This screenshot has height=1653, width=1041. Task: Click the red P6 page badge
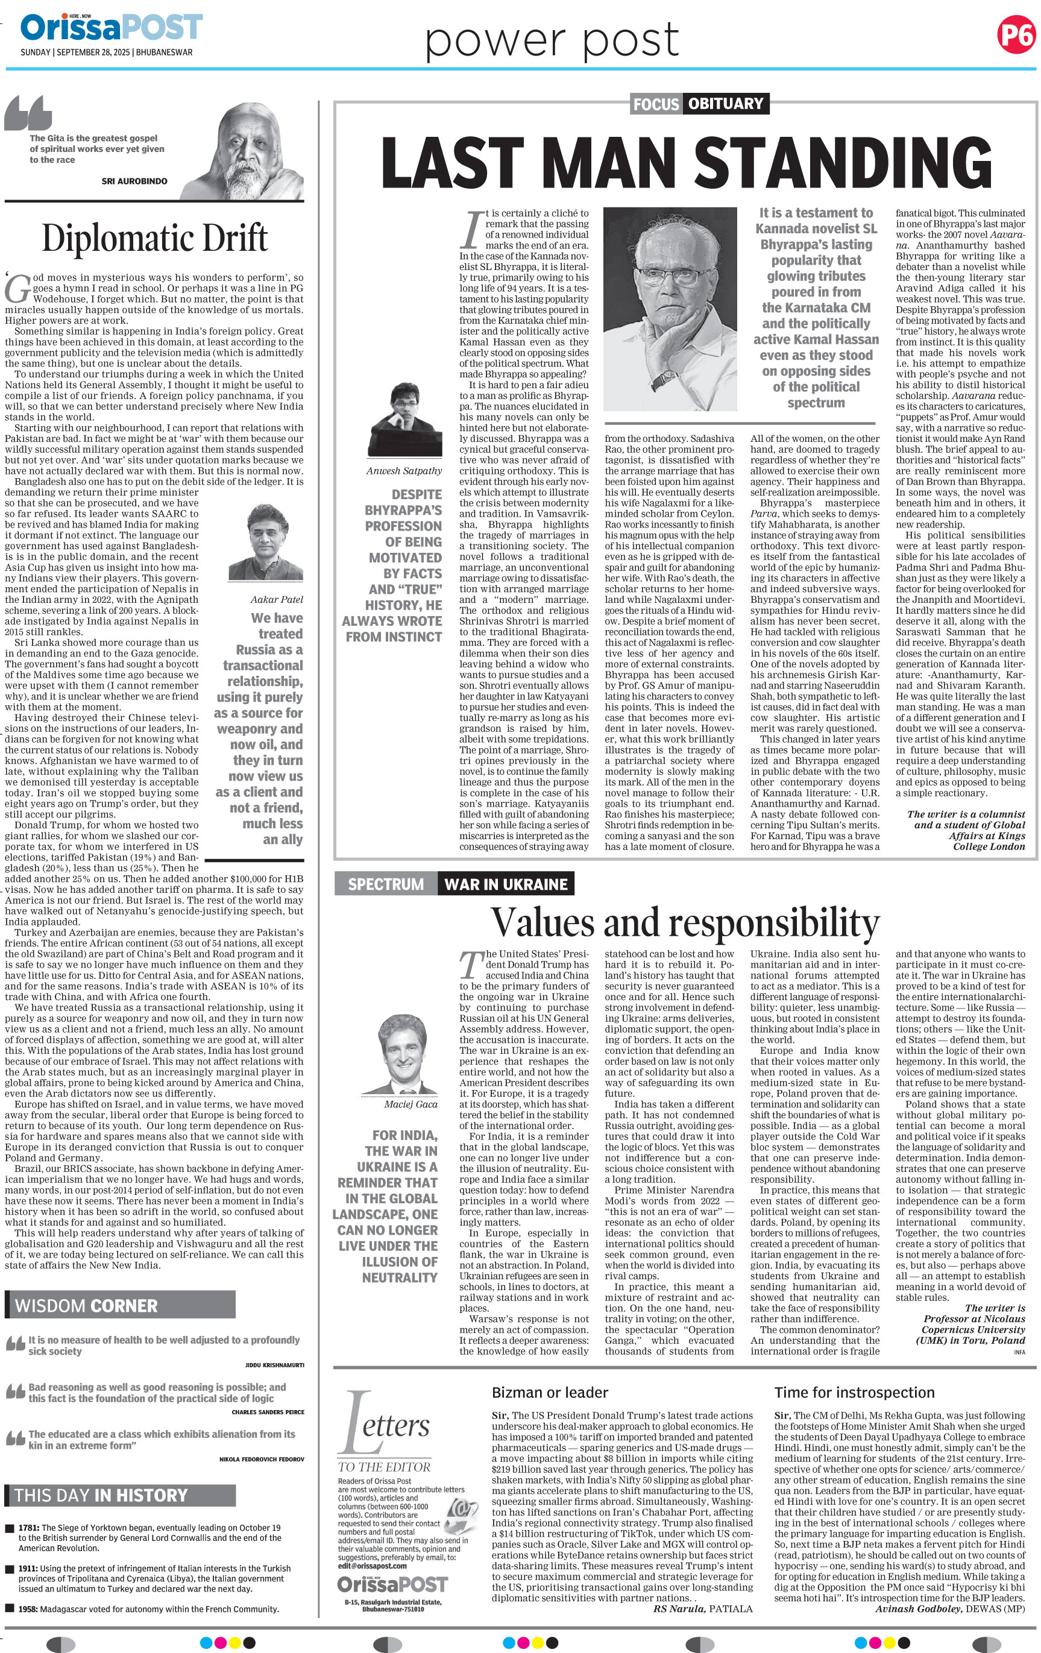(x=1016, y=34)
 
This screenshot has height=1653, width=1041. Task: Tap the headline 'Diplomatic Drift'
(x=154, y=238)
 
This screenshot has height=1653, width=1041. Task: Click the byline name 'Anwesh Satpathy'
(x=403, y=471)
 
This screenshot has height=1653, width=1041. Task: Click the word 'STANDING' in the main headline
(x=843, y=163)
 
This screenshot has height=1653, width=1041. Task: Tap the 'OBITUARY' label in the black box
(x=725, y=104)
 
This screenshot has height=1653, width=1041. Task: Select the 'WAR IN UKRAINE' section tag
(x=506, y=884)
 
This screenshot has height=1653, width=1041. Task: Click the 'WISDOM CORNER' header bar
(x=120, y=1305)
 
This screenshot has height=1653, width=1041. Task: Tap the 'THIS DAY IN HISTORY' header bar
(x=120, y=1495)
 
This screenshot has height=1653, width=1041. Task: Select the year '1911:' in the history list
(x=29, y=1569)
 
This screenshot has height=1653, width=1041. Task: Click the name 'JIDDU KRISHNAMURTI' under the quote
(x=274, y=1365)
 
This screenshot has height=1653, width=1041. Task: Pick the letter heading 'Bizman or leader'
(x=550, y=1392)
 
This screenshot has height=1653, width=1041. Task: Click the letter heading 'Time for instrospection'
(x=854, y=1392)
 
